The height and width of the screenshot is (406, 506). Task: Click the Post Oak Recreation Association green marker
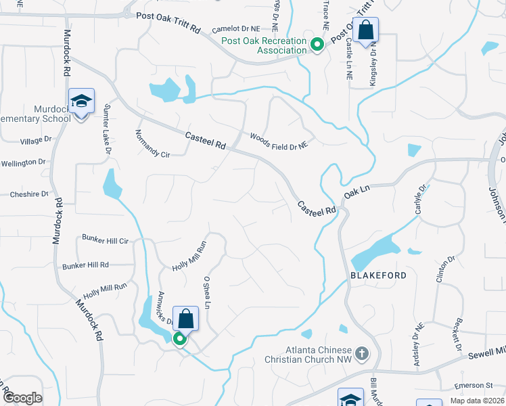tap(317, 45)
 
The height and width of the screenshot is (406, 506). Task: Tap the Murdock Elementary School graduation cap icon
tap(81, 102)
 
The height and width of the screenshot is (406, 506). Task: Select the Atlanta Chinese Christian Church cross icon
tap(362, 353)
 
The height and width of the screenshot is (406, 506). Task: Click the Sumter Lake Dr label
tap(108, 129)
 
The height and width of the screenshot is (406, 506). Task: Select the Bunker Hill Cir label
tap(105, 240)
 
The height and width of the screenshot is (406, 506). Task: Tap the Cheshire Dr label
tap(30, 194)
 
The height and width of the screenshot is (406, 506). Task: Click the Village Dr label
tap(36, 140)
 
